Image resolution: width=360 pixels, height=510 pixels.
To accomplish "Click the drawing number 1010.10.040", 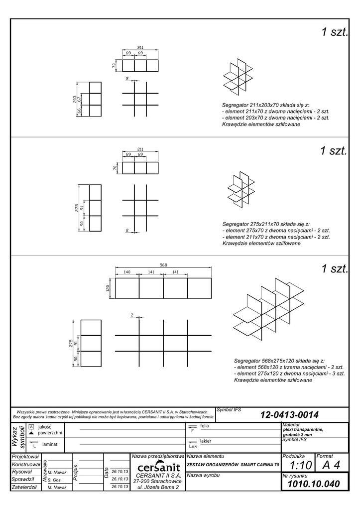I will point(314,484).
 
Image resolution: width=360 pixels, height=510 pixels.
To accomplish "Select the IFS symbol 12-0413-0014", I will point(289,414).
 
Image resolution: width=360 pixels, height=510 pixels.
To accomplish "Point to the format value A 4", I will point(331,465).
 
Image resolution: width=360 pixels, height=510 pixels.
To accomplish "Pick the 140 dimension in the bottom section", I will point(127,272).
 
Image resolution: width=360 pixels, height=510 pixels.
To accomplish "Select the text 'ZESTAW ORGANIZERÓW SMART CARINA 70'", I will point(233,465).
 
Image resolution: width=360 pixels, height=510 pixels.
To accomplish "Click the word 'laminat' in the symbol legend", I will point(50,443).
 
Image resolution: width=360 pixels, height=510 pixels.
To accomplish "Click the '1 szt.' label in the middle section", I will point(334,151).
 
